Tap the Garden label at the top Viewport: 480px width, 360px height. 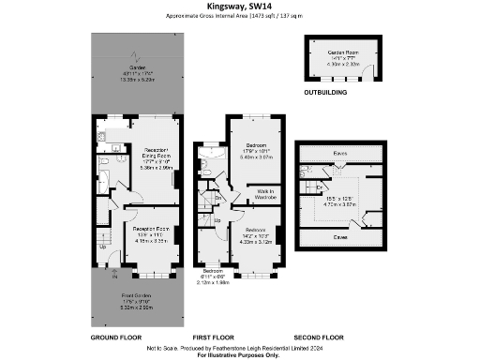click(x=137, y=68)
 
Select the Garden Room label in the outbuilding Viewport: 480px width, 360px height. click(x=343, y=52)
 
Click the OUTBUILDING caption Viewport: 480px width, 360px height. click(x=326, y=94)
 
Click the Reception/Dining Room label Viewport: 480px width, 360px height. click(x=156, y=155)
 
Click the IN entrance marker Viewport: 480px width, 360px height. click(x=115, y=278)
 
